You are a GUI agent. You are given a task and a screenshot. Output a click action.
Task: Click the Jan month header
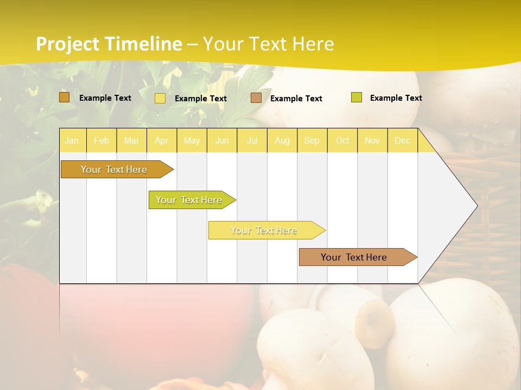point(72,140)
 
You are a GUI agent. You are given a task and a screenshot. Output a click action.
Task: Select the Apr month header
point(162,140)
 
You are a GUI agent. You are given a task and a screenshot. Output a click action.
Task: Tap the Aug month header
point(282,140)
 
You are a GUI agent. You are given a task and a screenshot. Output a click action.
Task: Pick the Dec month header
point(403,140)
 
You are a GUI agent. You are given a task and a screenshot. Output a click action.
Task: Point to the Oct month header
point(342,140)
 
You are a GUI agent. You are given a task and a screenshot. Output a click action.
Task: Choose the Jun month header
point(222,140)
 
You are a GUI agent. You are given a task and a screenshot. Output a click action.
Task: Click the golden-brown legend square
point(65,97)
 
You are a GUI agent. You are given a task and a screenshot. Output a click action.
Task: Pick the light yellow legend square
point(160,98)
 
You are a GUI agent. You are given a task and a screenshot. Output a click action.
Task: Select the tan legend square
point(256,98)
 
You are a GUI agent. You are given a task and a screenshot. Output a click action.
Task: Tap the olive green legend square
point(357,97)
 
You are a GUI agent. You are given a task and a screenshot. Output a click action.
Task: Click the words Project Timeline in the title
point(109,44)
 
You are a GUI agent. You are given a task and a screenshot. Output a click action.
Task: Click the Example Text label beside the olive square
point(396,98)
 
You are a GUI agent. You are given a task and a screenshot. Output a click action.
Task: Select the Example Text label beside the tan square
point(296,99)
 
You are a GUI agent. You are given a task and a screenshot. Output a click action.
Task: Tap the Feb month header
point(101,140)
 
